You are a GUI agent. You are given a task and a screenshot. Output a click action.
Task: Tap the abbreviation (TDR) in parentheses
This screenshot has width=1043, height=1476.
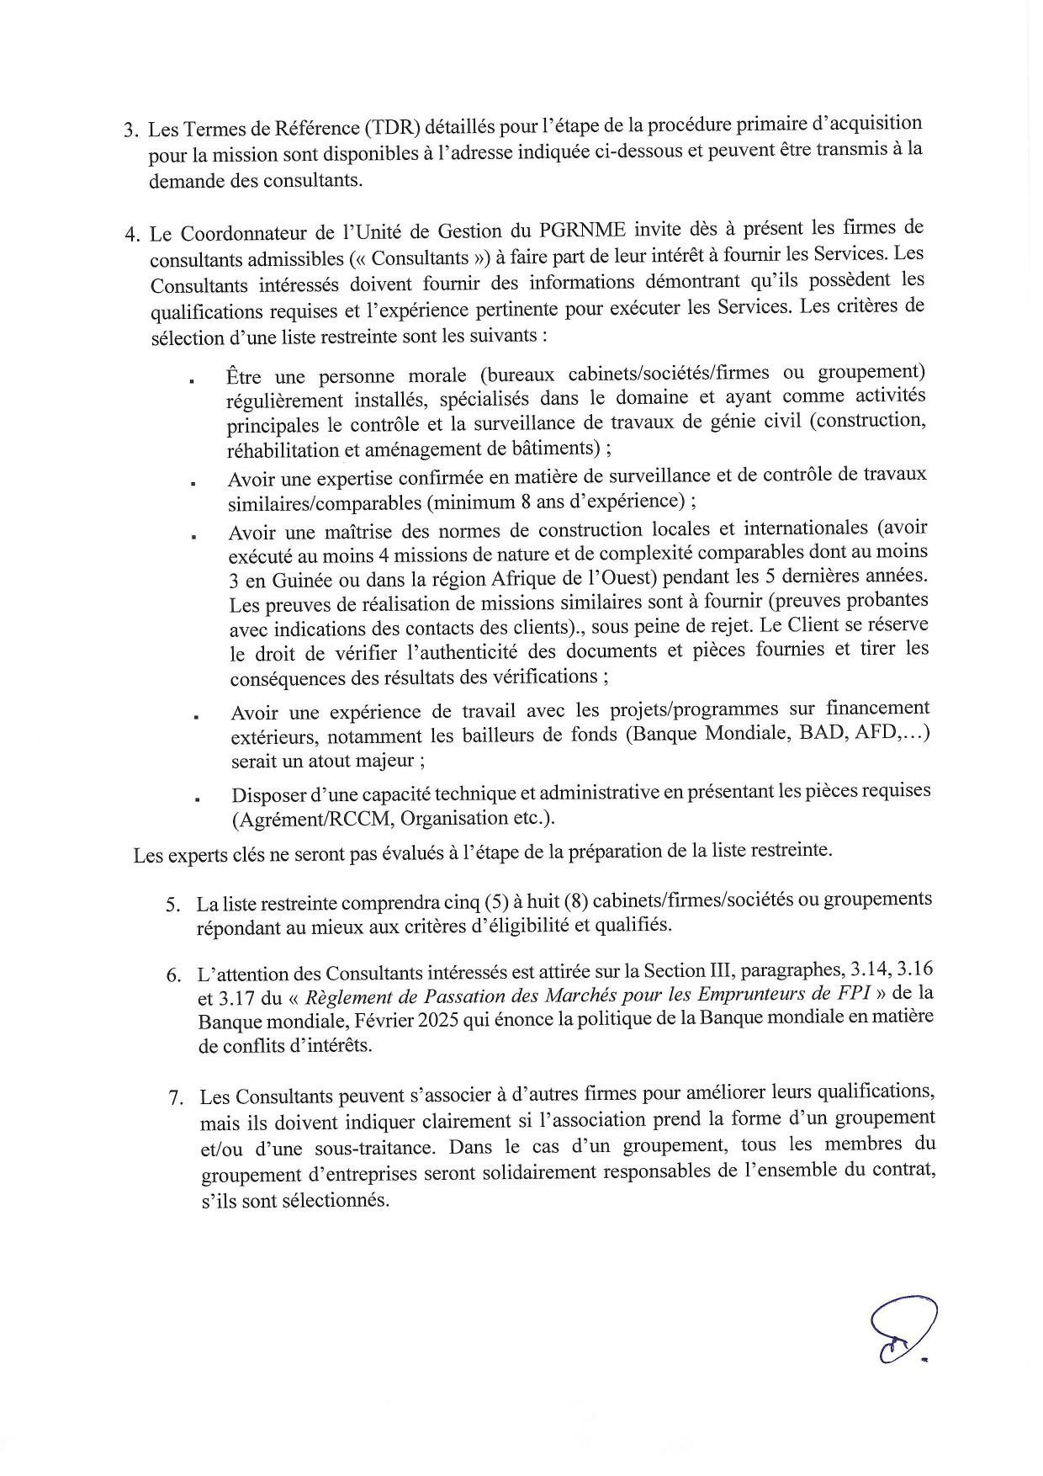tap(392, 128)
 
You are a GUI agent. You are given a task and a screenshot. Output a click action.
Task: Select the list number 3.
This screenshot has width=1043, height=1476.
tap(130, 130)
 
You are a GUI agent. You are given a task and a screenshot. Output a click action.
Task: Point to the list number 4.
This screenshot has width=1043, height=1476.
tap(131, 235)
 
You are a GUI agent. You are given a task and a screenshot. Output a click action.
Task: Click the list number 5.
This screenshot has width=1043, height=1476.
tap(173, 905)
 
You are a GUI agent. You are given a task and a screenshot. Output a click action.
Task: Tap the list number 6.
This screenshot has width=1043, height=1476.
tap(174, 975)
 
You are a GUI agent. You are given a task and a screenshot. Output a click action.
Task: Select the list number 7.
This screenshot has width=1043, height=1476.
tap(176, 1098)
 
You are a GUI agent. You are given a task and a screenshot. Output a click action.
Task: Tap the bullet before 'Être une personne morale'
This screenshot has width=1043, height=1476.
tap(193, 381)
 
